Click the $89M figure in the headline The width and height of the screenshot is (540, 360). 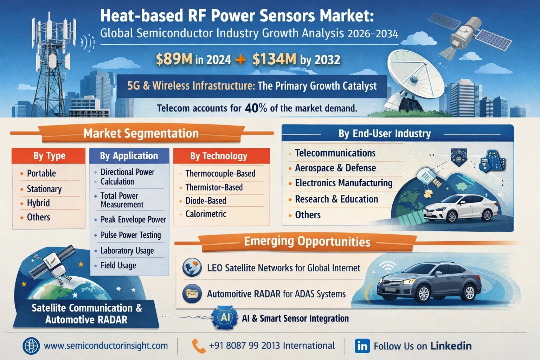coord(174,59)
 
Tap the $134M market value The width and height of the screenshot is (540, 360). coord(274,59)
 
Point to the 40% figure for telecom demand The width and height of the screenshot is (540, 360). coord(256,108)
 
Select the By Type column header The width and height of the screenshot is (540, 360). coord(50,156)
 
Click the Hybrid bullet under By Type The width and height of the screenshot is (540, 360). coord(38,203)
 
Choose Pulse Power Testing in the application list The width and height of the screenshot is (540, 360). coord(131,235)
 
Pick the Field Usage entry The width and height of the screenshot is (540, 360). coord(118,265)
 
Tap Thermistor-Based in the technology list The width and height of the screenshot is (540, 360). coord(214,187)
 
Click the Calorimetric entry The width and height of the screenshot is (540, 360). coord(206,214)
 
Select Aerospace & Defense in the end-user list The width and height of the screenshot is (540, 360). coord(335,168)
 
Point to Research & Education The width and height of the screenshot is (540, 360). coord(336,199)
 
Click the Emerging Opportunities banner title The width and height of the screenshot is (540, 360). coord(307,242)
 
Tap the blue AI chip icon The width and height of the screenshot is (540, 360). coord(225,318)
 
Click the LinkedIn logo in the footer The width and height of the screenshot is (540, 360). coord(362,346)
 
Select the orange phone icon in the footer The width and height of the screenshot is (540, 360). coord(199,346)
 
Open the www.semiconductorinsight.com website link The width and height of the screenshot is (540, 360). coord(106,346)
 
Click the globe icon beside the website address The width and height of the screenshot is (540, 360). coord(31,346)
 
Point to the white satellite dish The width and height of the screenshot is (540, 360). coord(414,77)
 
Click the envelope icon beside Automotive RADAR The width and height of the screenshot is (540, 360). coord(192,294)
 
